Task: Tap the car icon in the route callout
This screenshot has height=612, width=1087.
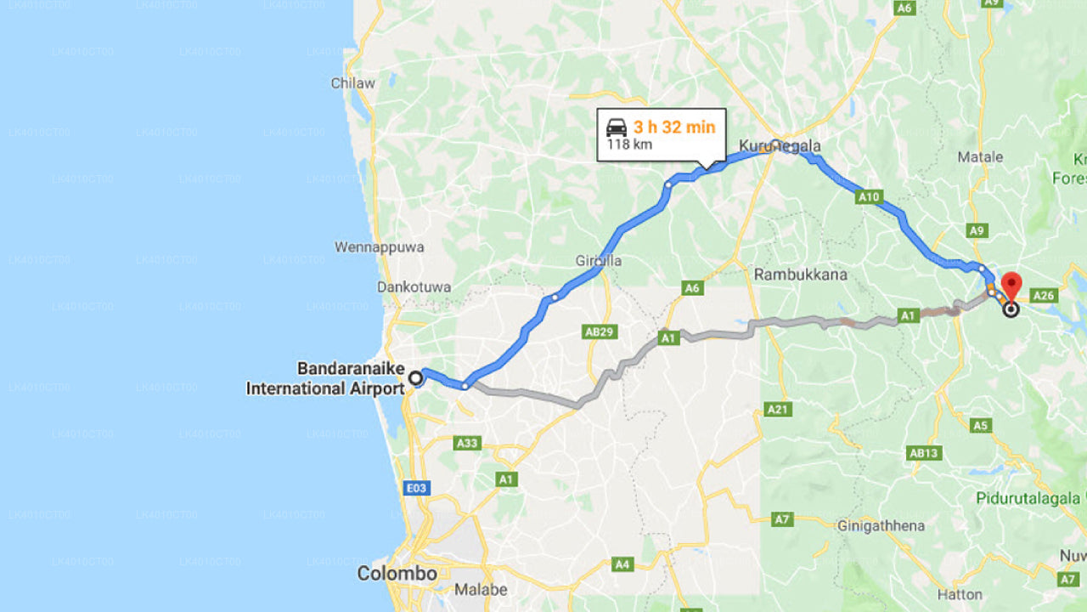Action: point(616,127)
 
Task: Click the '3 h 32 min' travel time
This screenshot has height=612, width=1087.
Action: point(674,127)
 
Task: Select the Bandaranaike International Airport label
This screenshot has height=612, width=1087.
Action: point(325,379)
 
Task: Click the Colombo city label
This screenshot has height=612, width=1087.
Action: point(397,574)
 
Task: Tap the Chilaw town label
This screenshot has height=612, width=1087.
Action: point(352,83)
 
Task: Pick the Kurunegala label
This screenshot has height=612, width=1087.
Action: point(780,146)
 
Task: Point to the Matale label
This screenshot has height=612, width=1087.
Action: point(980,156)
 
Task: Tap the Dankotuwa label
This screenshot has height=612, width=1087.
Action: point(414,287)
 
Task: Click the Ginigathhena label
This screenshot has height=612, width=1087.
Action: point(881,525)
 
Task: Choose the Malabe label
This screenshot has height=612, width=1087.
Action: point(481,589)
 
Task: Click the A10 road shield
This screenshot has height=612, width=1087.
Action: point(868,197)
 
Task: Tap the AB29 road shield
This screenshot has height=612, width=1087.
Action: point(599,331)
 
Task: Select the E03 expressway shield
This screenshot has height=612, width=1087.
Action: point(417,488)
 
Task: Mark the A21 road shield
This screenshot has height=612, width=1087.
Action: point(778,410)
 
